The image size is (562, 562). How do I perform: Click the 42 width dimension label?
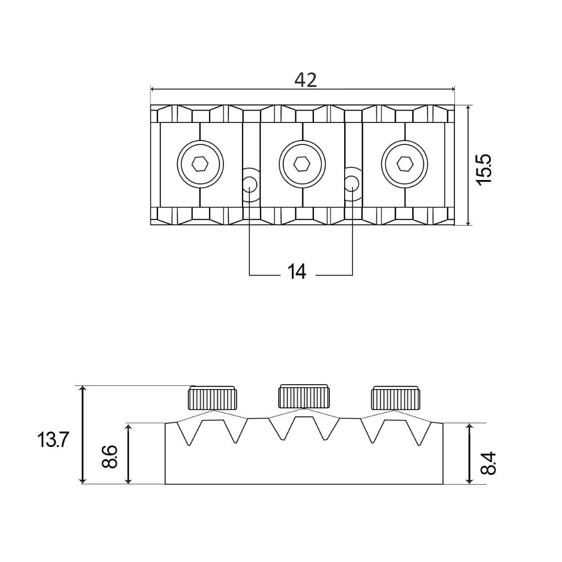305,80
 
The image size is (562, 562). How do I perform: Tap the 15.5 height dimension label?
484,170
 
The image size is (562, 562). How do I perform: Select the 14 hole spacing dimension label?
297,272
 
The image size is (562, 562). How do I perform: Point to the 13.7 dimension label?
52,440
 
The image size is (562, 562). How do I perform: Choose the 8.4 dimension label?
488,463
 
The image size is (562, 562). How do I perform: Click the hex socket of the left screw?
200,165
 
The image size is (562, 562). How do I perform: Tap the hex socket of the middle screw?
302,165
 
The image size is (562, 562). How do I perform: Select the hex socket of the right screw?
404,165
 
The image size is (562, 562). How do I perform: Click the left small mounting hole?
250,184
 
